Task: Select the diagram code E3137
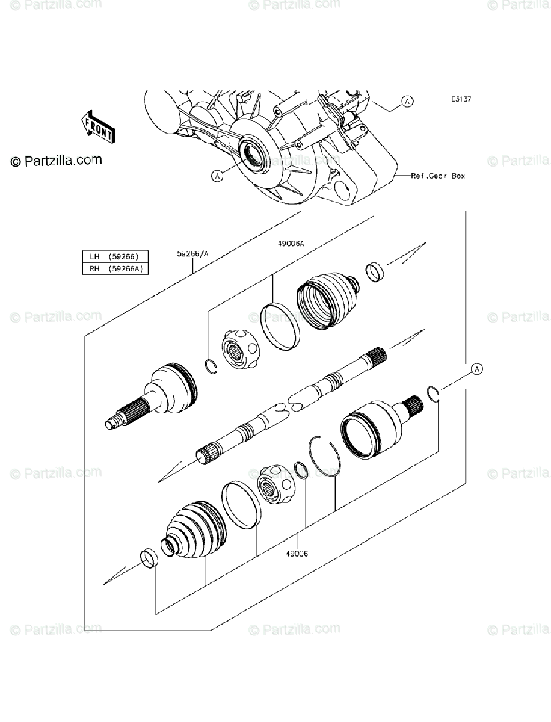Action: tap(461, 99)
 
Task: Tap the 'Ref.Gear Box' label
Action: tap(438, 176)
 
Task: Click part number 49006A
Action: tap(291, 244)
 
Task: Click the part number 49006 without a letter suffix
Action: tap(297, 554)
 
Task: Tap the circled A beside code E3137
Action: tap(407, 101)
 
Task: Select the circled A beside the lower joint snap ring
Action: tap(476, 368)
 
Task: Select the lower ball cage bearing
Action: tap(275, 483)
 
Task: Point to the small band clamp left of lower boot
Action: tap(149, 558)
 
